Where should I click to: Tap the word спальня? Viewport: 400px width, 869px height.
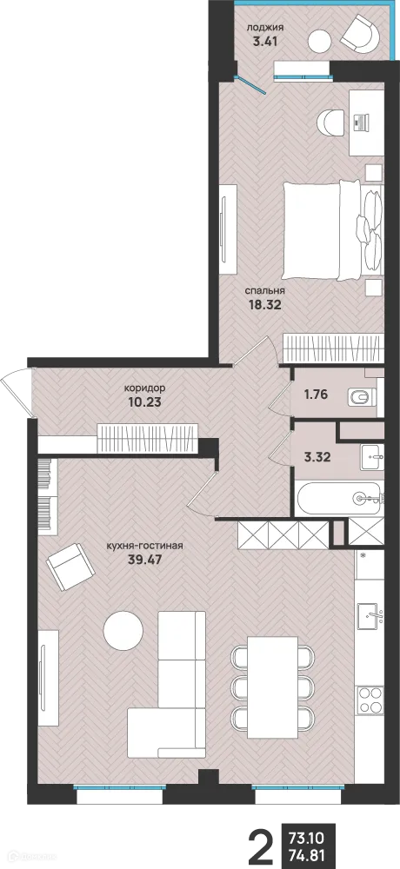[x=267, y=290]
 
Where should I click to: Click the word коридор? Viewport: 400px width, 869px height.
[x=145, y=388]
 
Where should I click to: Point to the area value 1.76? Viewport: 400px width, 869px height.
[x=316, y=395]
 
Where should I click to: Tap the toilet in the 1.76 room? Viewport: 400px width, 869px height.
[x=363, y=397]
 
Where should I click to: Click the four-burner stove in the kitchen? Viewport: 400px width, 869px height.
[x=370, y=700]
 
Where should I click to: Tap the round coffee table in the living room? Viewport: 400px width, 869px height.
[x=123, y=631]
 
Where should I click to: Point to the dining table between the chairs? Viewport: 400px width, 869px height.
[x=272, y=687]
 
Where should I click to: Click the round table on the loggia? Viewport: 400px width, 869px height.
[x=321, y=40]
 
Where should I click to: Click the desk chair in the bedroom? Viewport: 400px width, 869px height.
[x=333, y=122]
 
